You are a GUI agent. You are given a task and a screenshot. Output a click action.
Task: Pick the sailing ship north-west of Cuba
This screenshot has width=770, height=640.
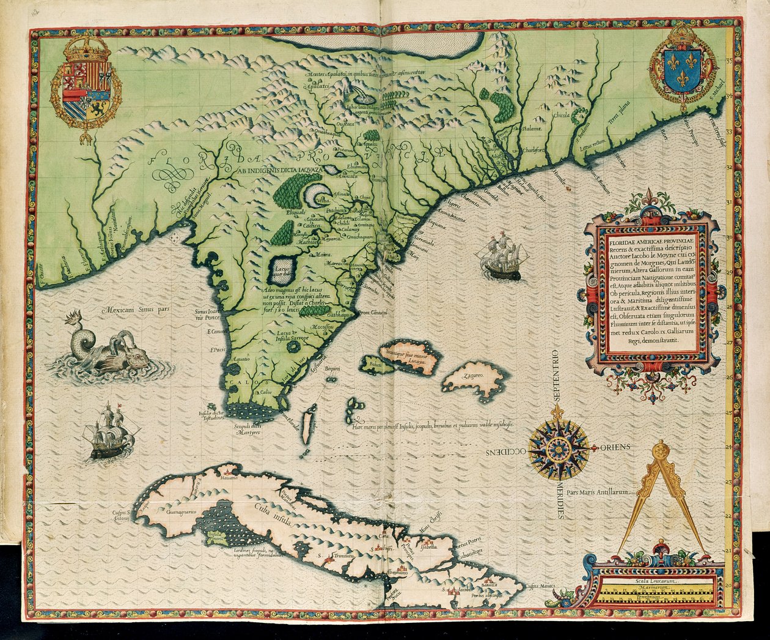pyautogui.click(x=111, y=433)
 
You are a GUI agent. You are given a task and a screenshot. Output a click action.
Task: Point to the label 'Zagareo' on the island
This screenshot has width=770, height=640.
pyautogui.click(x=474, y=374)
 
